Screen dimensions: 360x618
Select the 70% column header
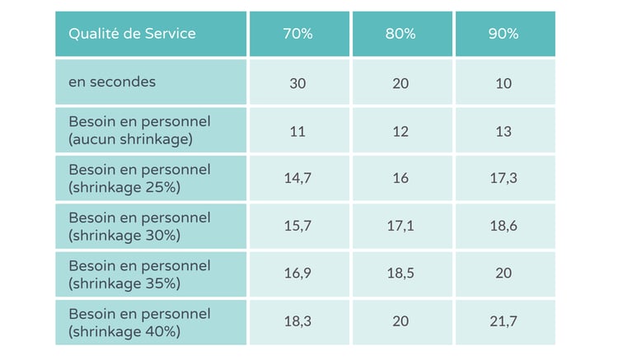[x=299, y=35]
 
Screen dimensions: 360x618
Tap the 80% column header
[x=401, y=35]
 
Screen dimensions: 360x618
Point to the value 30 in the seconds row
[x=299, y=83]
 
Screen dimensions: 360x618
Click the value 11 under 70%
[x=299, y=131]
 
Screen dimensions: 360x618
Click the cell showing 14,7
[x=299, y=179]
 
